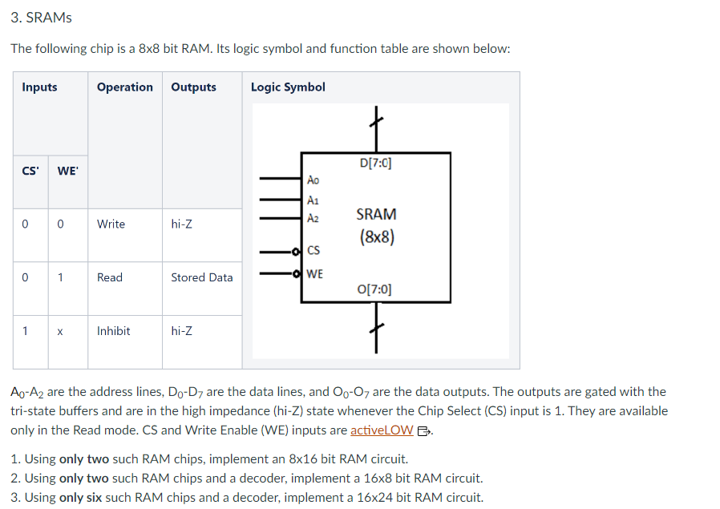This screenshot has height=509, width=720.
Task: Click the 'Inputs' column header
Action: (39, 87)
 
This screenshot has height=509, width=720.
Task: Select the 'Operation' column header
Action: (124, 87)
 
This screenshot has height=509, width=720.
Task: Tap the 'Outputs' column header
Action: (193, 87)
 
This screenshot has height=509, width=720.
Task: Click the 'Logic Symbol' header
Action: (288, 87)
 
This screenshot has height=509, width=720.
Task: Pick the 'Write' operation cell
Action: (111, 224)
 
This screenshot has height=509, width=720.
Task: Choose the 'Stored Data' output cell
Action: (201, 277)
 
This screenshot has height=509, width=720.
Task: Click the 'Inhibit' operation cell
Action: (113, 331)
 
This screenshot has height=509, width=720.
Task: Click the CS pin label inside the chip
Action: (313, 250)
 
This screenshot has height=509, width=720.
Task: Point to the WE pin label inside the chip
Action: (315, 274)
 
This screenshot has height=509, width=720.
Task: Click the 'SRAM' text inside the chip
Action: (376, 215)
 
